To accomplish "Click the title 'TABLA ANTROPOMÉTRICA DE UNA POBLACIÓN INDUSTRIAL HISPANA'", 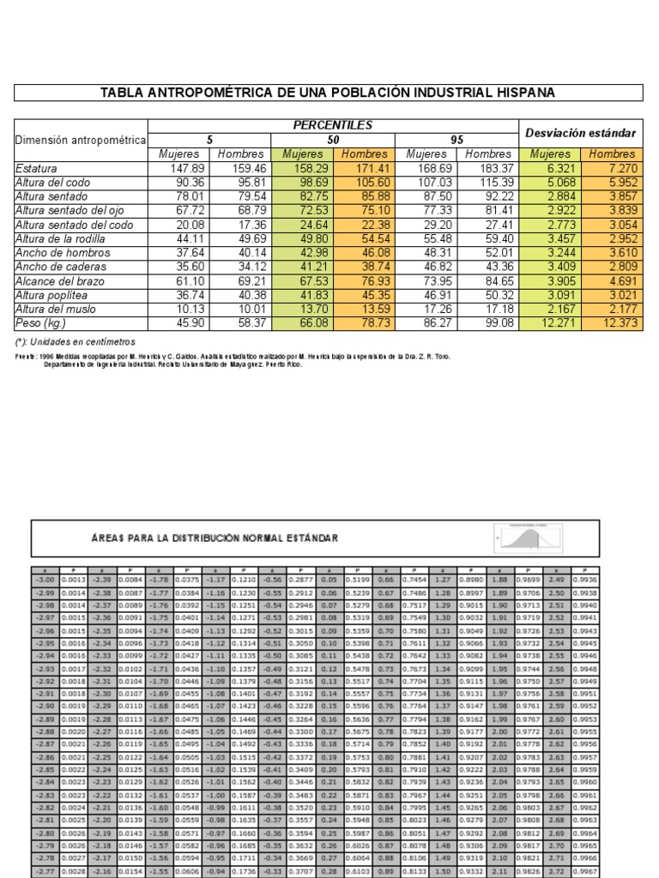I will [x=329, y=92].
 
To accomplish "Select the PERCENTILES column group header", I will [x=333, y=125].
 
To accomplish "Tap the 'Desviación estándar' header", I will [x=581, y=133].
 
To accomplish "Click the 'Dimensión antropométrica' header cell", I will [x=81, y=140].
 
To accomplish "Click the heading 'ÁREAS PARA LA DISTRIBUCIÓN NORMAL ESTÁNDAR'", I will [x=215, y=538].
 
